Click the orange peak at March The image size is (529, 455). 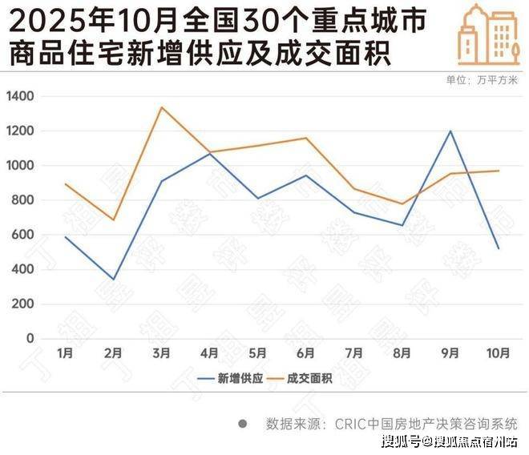(x=162, y=107)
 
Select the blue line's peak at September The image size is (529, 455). (x=450, y=131)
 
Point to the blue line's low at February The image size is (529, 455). (x=114, y=280)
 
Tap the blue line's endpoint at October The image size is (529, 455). (x=499, y=248)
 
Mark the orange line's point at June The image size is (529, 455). (x=306, y=138)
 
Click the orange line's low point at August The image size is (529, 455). (x=402, y=204)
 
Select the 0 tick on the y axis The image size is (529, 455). (x=30, y=339)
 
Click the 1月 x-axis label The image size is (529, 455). (x=66, y=352)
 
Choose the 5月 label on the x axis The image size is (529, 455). (x=258, y=352)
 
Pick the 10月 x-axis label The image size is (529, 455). (x=499, y=352)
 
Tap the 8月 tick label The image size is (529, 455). (x=402, y=352)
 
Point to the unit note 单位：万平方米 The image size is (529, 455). (x=482, y=79)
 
